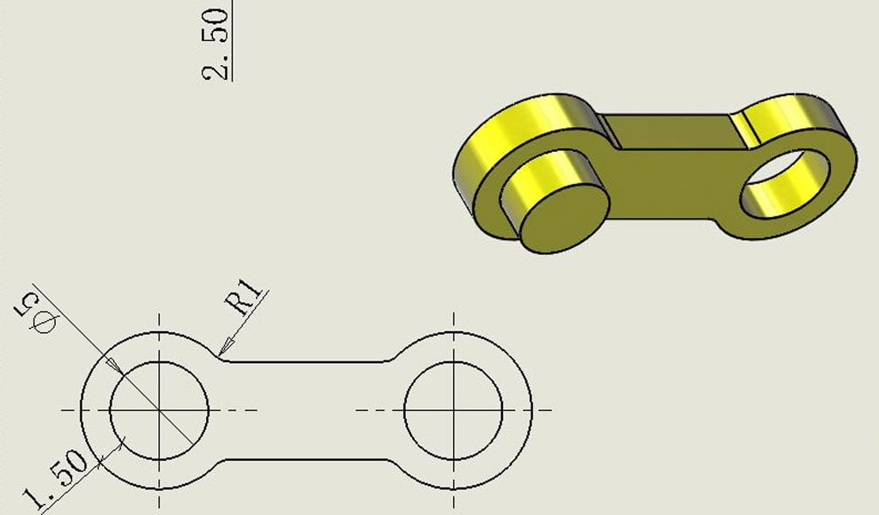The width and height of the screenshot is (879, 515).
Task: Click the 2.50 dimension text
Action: pos(215,44)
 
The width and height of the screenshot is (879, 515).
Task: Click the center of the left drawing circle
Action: pos(159,410)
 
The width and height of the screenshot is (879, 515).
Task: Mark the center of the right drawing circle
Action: pos(453,410)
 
